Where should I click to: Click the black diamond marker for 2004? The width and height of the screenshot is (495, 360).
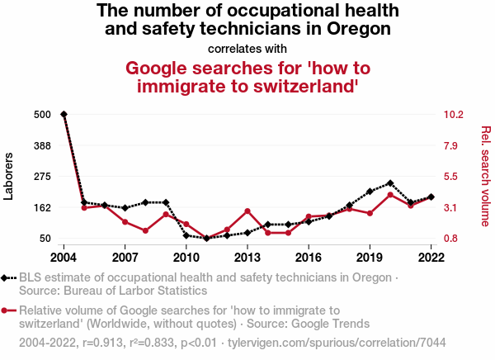(64, 114)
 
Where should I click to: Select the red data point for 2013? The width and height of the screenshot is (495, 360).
(247, 211)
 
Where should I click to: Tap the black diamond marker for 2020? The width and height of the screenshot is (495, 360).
(390, 183)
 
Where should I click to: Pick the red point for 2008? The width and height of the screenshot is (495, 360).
(145, 230)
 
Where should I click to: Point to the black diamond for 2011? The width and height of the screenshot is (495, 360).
(206, 239)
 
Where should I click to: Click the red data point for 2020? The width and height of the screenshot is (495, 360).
(390, 194)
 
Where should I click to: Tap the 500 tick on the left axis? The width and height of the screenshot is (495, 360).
(44, 114)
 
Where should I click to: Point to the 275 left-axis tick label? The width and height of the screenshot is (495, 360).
(44, 177)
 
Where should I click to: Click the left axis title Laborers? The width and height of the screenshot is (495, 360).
(10, 176)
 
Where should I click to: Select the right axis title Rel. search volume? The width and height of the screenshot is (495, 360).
(486, 176)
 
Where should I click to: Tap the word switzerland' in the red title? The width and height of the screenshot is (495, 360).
(292, 86)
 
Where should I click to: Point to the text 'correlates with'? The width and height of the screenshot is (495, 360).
(247, 48)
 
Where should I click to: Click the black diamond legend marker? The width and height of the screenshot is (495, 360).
(7, 278)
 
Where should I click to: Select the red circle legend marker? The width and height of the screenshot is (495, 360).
(7, 310)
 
